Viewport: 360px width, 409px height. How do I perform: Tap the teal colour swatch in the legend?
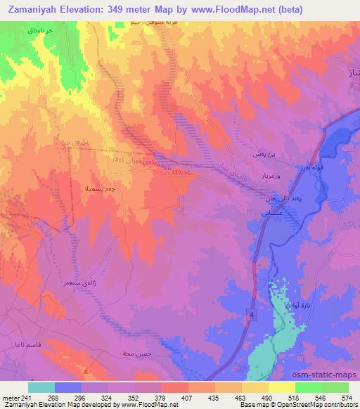(41, 387)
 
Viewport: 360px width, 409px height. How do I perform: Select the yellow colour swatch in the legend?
(281, 387)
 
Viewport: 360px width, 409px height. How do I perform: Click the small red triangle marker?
(85, 371)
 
